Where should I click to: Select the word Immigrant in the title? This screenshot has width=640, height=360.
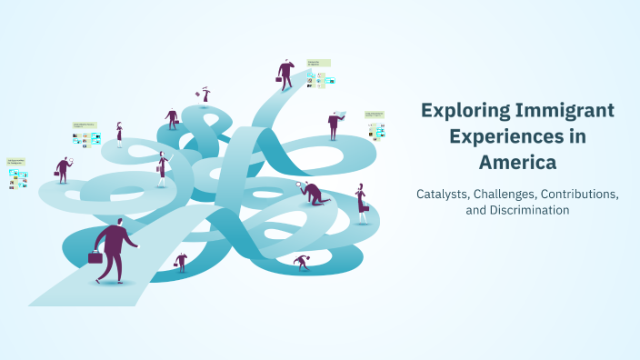coord(565,111)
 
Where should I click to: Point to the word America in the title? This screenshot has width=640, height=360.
coord(517,164)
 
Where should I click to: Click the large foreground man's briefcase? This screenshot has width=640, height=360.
coord(95,256)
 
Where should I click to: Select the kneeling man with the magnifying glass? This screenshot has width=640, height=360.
coord(313,193)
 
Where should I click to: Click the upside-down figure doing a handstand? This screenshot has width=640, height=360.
coord(205,94)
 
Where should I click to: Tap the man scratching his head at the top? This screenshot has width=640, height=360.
coord(286,74)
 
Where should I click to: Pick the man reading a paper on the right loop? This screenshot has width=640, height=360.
coord(334,124)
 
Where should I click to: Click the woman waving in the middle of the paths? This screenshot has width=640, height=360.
coord(162,169)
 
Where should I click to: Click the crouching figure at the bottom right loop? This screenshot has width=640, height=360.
coord(302,262)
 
